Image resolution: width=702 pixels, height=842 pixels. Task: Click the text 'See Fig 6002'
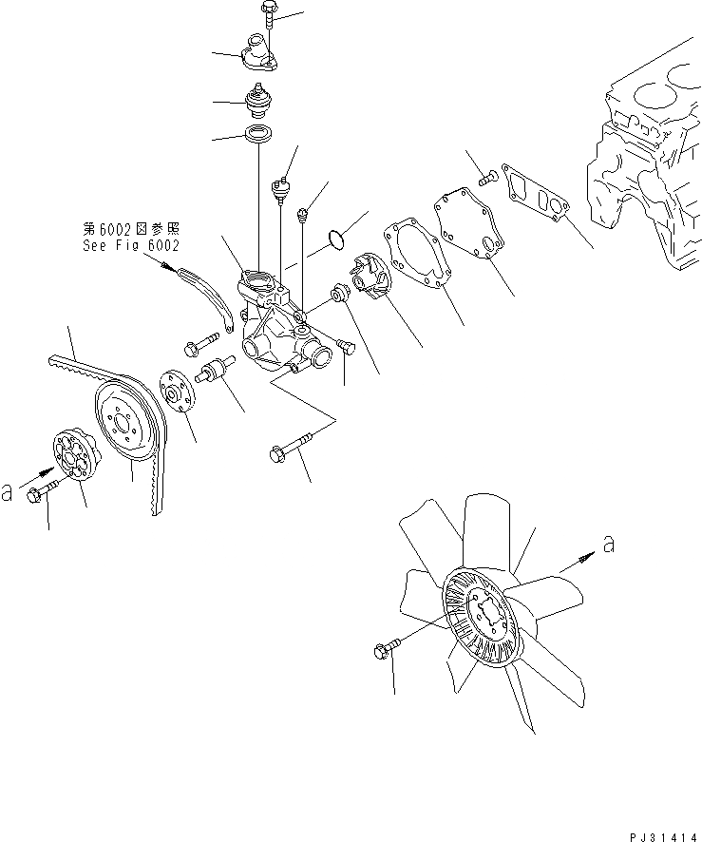pos(130,244)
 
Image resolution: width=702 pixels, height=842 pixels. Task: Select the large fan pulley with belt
pos(129,422)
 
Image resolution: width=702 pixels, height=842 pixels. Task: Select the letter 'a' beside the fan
pos(608,544)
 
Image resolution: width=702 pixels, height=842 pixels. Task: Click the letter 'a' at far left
pos(9,491)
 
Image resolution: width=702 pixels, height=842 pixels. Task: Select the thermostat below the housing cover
pos(256,100)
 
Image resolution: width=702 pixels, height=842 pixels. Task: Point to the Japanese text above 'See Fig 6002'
pos(131,229)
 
